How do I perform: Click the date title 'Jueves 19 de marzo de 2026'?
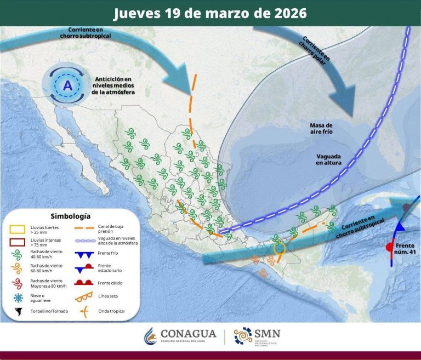[x=210, y=13]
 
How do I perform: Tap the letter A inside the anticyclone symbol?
[x=67, y=85]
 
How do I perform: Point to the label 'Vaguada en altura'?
[x=328, y=159]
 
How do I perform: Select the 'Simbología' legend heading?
[x=70, y=216]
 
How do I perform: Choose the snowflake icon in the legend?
[x=19, y=298]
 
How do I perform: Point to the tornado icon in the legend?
[x=19, y=312]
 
